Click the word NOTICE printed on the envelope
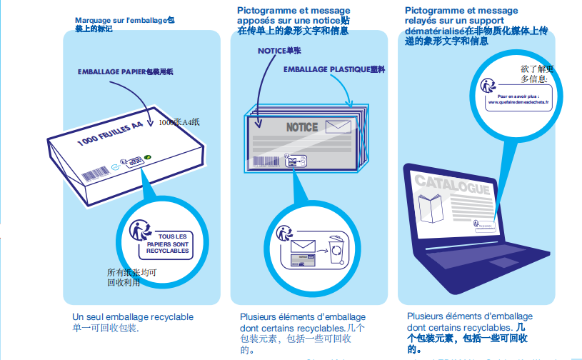(301, 127)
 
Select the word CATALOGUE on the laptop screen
(452, 185)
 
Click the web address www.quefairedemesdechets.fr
(513, 101)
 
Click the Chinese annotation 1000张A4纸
(179, 123)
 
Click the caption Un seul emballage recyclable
(133, 316)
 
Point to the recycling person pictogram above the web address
(488, 85)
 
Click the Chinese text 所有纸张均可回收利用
(131, 277)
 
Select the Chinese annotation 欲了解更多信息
(536, 74)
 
